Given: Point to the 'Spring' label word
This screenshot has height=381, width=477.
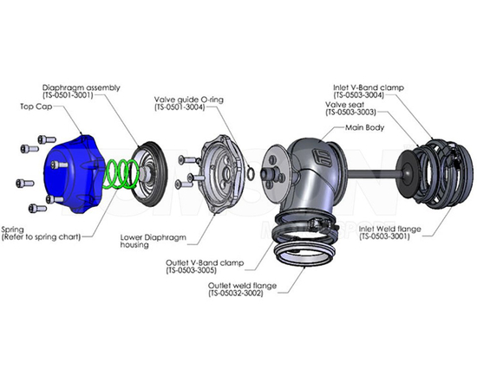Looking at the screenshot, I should click(14, 229).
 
